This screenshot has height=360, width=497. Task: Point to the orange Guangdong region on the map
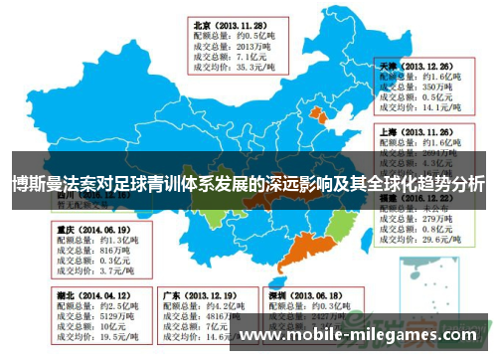pyautogui.click(x=298, y=253)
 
